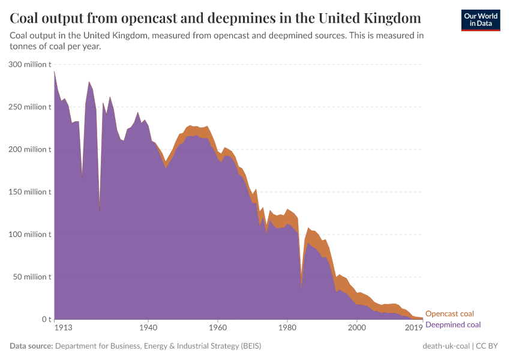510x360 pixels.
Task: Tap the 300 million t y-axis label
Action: point(30,64)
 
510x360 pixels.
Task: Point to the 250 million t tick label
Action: point(30,107)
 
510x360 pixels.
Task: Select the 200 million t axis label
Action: point(30,149)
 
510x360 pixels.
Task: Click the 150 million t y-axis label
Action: point(30,192)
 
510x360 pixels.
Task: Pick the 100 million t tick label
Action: point(30,235)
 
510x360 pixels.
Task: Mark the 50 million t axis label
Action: point(32,277)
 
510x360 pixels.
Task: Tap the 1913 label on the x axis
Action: point(63,328)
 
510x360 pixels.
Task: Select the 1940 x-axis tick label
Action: point(148,328)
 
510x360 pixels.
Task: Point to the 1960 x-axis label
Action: point(218,328)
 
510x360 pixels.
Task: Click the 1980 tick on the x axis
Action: point(287,328)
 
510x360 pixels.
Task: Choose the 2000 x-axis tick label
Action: point(357,328)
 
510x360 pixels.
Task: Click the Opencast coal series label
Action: point(449,314)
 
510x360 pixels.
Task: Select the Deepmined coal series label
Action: point(453,325)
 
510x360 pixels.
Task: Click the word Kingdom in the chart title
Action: point(391,17)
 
